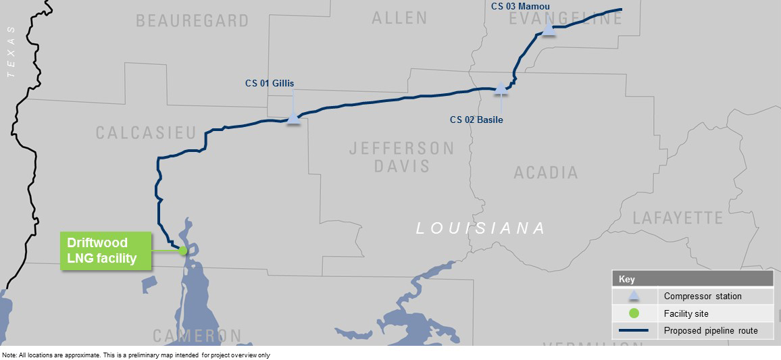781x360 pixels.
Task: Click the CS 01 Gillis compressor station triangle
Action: (x=293, y=118)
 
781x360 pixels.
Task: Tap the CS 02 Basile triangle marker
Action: (x=501, y=86)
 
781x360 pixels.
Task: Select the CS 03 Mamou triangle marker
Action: (x=549, y=30)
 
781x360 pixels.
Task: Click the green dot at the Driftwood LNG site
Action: (x=183, y=250)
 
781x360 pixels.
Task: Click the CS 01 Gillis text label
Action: (x=270, y=84)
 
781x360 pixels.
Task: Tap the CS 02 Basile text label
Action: (x=476, y=120)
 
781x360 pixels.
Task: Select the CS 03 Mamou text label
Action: (x=520, y=7)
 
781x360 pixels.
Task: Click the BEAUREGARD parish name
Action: (x=193, y=21)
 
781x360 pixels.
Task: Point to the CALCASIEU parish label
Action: (x=145, y=133)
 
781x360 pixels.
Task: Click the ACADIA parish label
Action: (x=546, y=173)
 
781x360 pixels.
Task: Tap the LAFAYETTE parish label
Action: (x=678, y=217)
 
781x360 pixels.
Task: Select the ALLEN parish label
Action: (x=399, y=18)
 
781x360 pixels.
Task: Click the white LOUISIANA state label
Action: (x=480, y=228)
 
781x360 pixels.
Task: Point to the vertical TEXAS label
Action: (x=10, y=53)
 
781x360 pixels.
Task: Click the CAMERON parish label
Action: (x=197, y=336)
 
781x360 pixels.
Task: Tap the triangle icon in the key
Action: (x=634, y=296)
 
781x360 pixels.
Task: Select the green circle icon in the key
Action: (x=634, y=313)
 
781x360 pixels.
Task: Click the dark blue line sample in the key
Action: (x=634, y=331)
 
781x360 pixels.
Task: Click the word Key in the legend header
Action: (x=627, y=279)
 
